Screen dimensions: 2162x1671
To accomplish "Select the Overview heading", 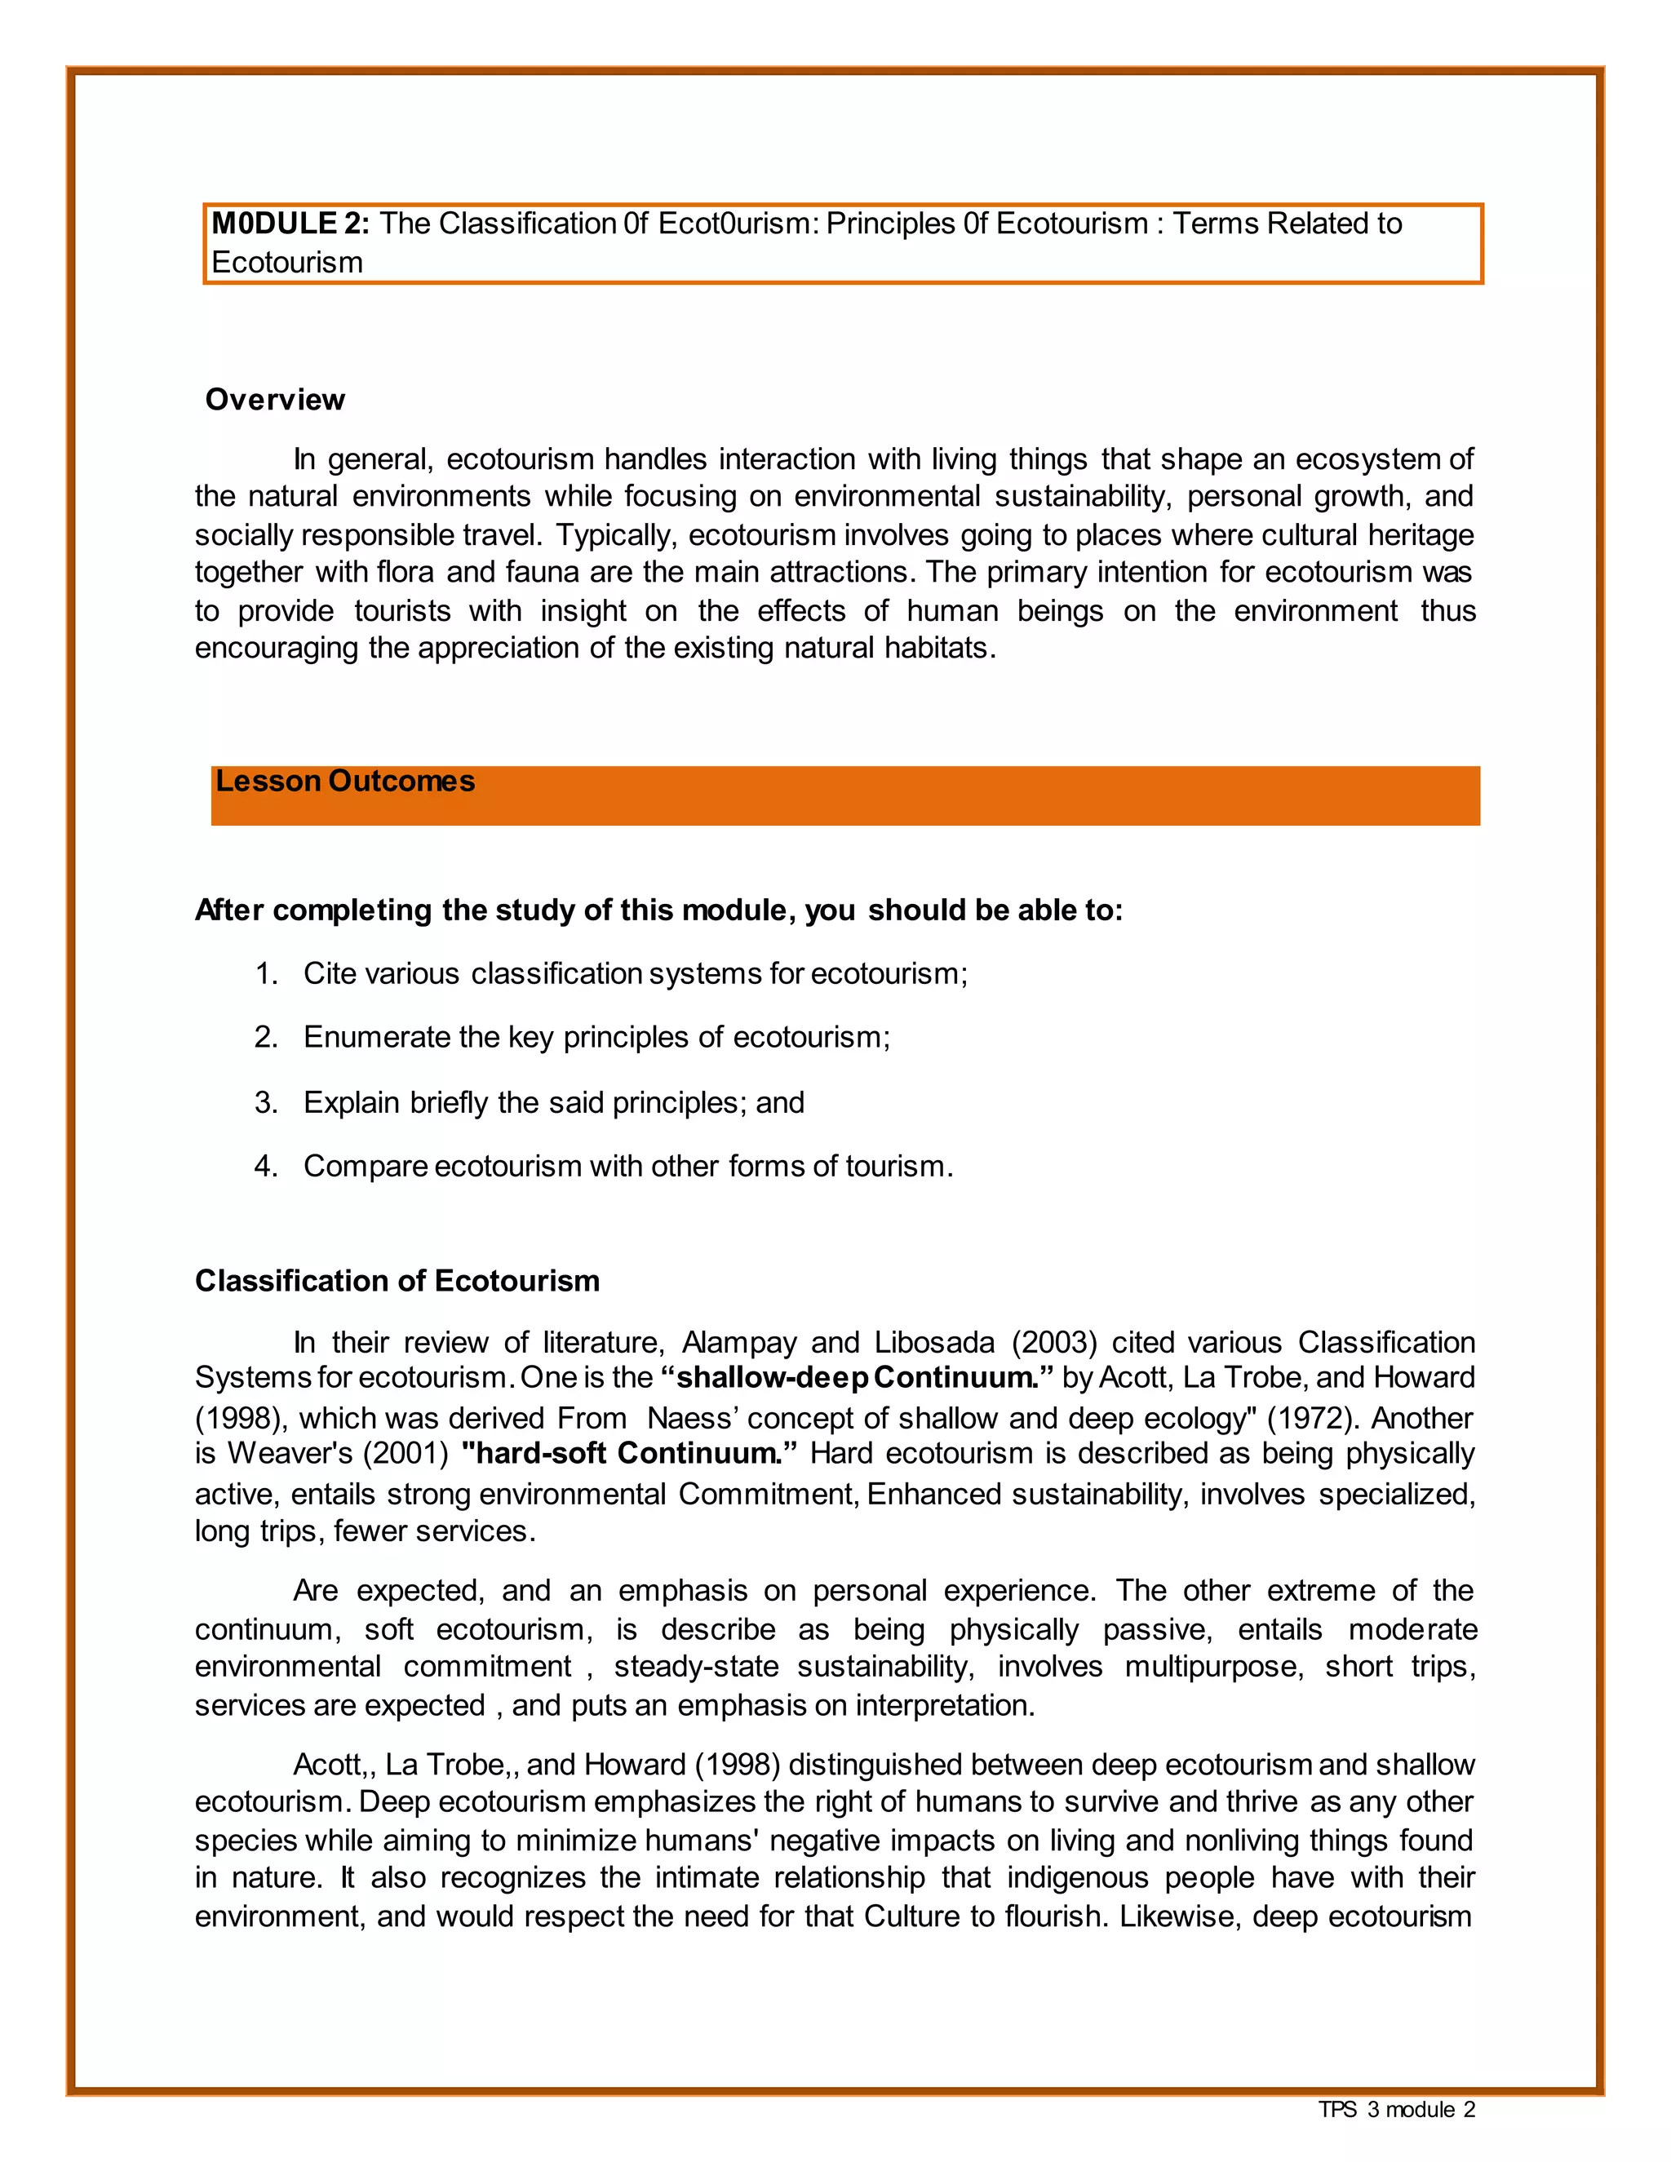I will click(x=274, y=399).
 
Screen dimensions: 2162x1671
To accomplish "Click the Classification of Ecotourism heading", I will click(x=397, y=1280).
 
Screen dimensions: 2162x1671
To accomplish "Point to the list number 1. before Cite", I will click(x=265, y=973).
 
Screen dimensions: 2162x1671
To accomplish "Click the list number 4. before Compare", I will click(x=265, y=1165).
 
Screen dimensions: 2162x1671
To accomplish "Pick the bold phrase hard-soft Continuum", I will click(x=628, y=1453).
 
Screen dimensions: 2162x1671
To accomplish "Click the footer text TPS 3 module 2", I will click(x=1396, y=2110).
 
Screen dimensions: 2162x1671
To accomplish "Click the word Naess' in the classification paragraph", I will click(x=692, y=1418).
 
